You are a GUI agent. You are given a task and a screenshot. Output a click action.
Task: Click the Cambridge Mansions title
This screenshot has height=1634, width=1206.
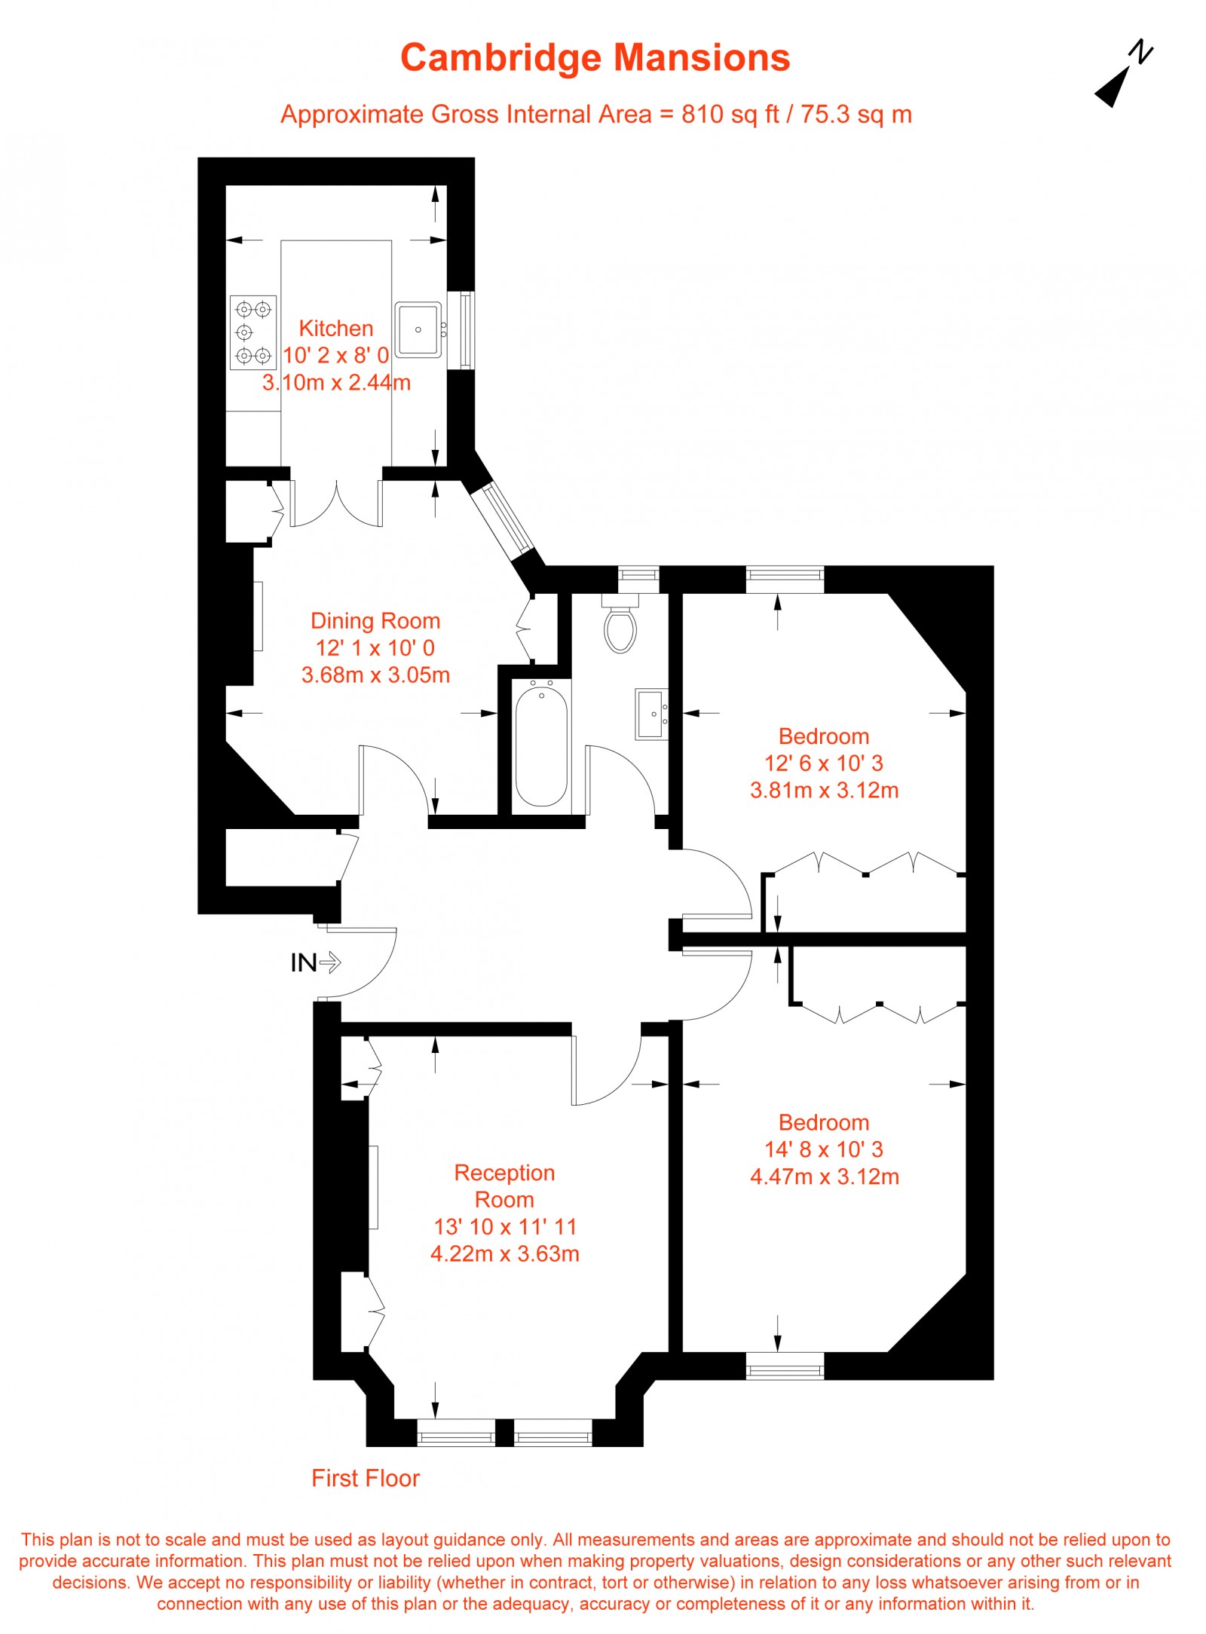595,58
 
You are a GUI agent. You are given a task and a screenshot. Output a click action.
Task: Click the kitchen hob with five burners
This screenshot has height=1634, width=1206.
253,332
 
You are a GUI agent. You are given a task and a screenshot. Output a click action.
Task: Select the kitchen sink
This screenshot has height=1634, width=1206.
418,329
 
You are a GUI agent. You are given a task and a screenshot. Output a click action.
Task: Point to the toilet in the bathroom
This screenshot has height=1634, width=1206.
620,627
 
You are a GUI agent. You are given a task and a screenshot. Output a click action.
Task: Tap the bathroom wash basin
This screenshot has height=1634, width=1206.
651,713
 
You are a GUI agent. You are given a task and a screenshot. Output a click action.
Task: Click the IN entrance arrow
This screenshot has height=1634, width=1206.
317,962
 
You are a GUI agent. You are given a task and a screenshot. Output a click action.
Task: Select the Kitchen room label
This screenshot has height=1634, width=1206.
336,329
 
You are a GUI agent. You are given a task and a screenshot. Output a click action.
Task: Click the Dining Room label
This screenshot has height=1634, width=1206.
375,621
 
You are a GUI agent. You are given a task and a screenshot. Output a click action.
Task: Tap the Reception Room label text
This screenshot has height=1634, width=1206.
504,1186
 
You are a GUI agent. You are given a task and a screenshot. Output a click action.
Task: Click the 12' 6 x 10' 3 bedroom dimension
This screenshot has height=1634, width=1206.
824,763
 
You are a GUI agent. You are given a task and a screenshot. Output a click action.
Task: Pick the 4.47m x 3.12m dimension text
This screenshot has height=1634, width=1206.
825,1177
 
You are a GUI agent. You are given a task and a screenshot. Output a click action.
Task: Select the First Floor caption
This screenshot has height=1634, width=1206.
366,1478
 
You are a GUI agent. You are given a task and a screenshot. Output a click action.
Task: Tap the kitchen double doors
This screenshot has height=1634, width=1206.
336,501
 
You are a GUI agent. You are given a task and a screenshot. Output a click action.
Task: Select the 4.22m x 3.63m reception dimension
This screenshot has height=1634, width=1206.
504,1253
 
